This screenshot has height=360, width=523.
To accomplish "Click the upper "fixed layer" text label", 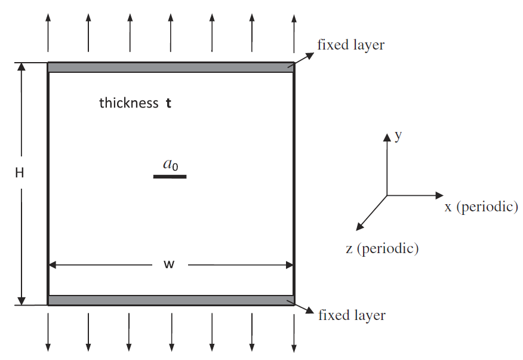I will pyautogui.click(x=350, y=44).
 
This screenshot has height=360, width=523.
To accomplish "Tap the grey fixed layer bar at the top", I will pyautogui.click(x=171, y=67).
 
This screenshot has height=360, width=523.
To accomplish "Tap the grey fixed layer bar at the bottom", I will pyautogui.click(x=171, y=300).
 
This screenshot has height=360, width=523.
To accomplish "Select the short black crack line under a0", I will pyautogui.click(x=170, y=177).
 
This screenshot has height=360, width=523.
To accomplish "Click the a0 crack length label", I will pyautogui.click(x=170, y=164).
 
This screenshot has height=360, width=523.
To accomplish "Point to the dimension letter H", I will pyautogui.click(x=20, y=173).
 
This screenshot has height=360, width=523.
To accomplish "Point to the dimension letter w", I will pyautogui.click(x=169, y=264).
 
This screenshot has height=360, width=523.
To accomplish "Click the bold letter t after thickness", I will pyautogui.click(x=168, y=103).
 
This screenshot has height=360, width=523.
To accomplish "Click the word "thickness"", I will pyautogui.click(x=129, y=103).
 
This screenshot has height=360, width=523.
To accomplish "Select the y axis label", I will pyautogui.click(x=398, y=136).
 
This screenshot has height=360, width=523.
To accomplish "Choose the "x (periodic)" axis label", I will pyautogui.click(x=481, y=207).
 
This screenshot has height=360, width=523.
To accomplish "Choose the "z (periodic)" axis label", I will pyautogui.click(x=382, y=248).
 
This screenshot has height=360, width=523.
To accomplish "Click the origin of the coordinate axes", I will pyautogui.click(x=387, y=195).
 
